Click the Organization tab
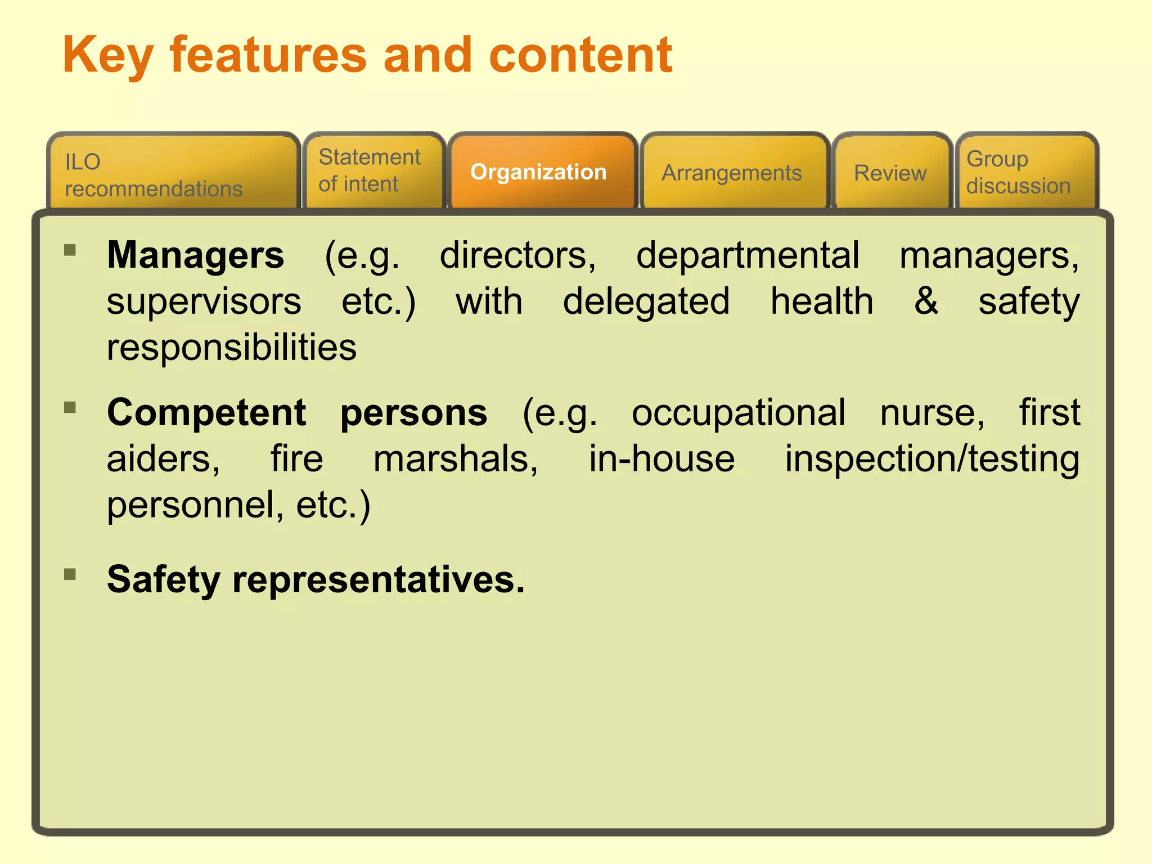click(538, 172)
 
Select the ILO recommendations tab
click(154, 175)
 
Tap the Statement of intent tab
click(370, 170)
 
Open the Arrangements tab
click(731, 173)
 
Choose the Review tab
click(890, 173)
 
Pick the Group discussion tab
click(1018, 172)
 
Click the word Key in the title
click(107, 55)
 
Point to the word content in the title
click(580, 55)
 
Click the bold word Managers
click(196, 255)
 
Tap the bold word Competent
click(206, 412)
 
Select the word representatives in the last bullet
click(378, 579)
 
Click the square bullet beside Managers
click(70, 250)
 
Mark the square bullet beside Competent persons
click(70, 407)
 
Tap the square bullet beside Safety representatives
click(70, 574)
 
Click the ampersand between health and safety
click(926, 301)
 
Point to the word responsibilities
click(232, 347)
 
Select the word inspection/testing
click(932, 459)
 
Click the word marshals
click(456, 459)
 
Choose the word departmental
click(748, 255)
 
